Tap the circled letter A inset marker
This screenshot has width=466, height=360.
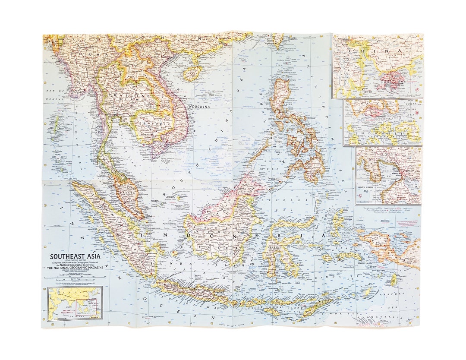(x=417, y=90)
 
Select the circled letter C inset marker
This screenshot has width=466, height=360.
(x=360, y=199)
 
